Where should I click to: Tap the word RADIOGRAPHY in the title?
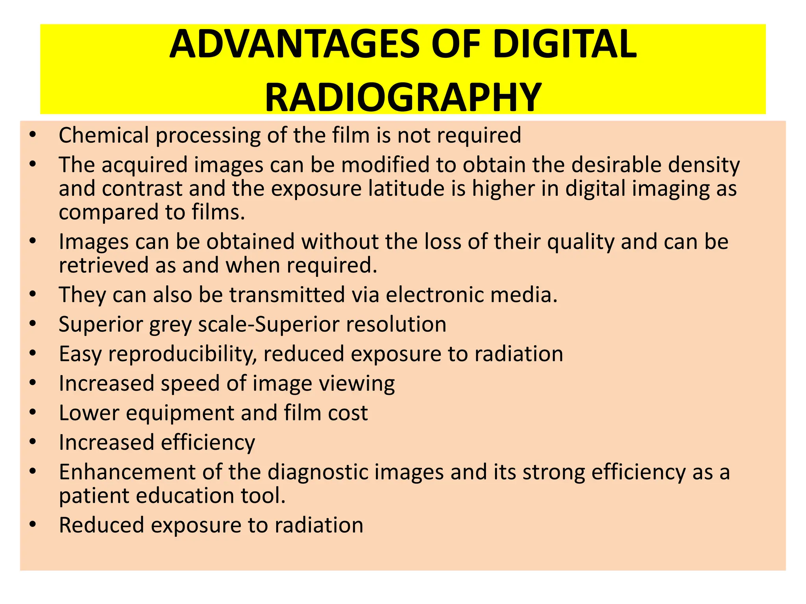[x=403, y=97]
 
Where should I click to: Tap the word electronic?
[x=434, y=295]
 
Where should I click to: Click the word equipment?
[x=180, y=413]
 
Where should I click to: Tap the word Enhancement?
[x=127, y=472]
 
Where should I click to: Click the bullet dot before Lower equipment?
[x=33, y=412]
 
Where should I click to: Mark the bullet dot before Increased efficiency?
[x=33, y=442]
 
